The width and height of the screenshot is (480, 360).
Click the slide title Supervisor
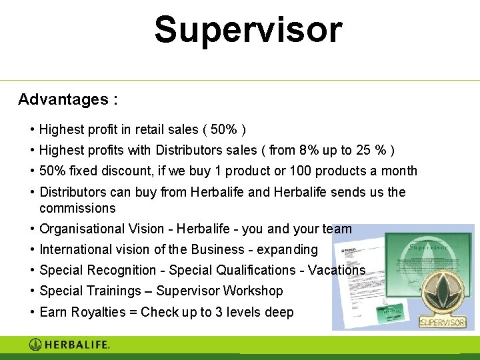click(x=248, y=30)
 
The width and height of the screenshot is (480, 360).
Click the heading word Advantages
click(x=63, y=100)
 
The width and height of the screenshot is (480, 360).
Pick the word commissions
click(x=77, y=209)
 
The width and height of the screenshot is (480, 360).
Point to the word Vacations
click(x=337, y=271)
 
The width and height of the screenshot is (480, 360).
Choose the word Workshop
click(x=253, y=291)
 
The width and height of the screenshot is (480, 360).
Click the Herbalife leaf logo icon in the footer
click(x=36, y=345)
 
